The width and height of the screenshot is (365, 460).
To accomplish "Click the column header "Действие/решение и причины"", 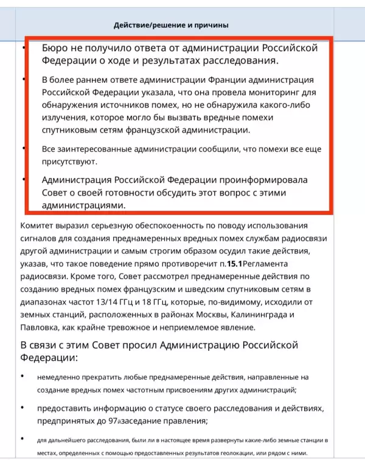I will click(x=171, y=25).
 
